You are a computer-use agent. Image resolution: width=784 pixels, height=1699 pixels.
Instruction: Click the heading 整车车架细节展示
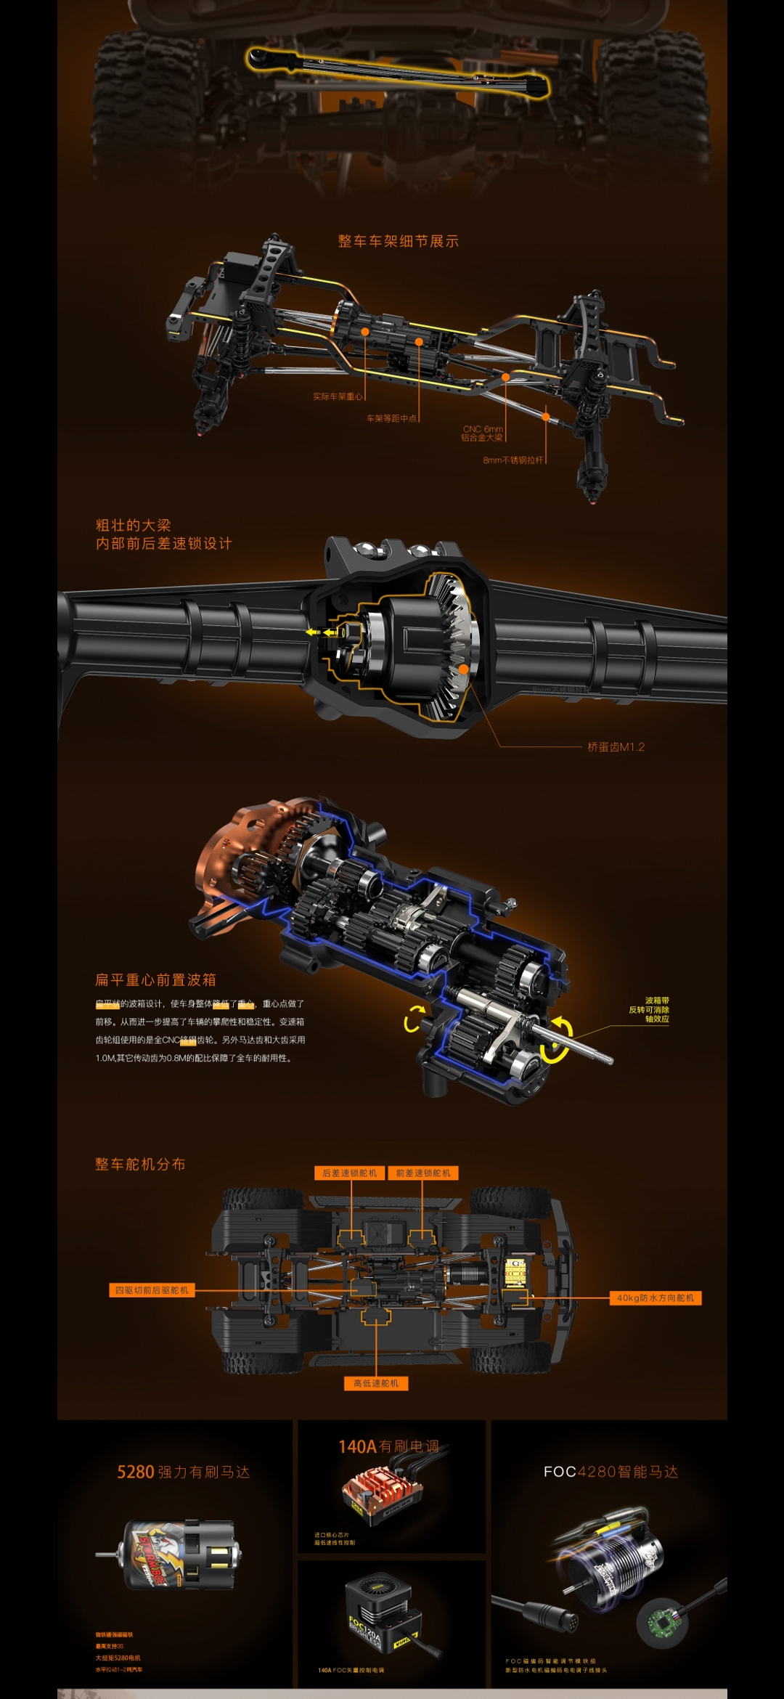coord(398,242)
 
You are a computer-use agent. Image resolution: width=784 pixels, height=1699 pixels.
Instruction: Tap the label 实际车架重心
coord(338,397)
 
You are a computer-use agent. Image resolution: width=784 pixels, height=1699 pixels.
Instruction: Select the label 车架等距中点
coord(391,418)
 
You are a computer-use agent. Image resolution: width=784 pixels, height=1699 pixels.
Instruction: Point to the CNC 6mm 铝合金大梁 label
coord(482,433)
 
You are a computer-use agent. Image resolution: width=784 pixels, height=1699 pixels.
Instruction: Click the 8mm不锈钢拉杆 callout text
coord(513,460)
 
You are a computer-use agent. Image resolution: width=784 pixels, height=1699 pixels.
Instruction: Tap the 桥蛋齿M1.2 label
coord(616,747)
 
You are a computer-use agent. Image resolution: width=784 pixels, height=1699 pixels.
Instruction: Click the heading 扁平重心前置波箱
coord(155,980)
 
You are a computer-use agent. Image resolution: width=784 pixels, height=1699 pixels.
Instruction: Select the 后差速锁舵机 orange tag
coord(349,1173)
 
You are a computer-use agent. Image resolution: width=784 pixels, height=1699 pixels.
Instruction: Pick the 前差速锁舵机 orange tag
coord(422,1173)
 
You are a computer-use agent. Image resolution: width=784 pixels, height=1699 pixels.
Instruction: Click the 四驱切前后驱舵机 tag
coord(151,1290)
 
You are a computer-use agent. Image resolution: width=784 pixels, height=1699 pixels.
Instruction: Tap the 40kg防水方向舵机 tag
coord(655,1298)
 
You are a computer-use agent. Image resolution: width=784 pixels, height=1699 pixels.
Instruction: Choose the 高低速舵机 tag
coord(375,1384)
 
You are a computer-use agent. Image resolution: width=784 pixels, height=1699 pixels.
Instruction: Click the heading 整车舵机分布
coord(140,1165)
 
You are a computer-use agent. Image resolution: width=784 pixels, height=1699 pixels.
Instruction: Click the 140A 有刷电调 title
coord(388,1447)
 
